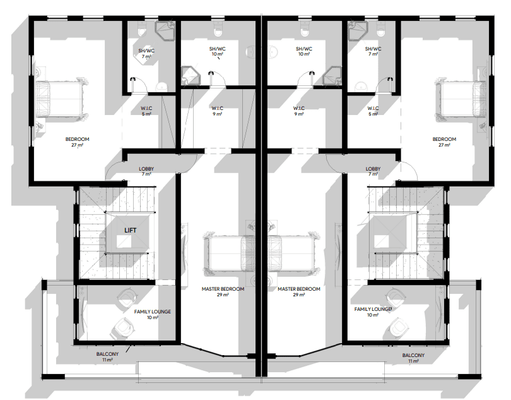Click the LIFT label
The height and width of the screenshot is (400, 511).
[x=131, y=230]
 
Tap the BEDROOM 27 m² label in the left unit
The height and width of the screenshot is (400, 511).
[x=77, y=142]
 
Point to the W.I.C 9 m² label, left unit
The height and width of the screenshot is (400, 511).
[x=218, y=111]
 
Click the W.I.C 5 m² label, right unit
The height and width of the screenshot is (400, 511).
[x=373, y=111]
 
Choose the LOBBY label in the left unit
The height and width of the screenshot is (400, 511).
[x=146, y=169]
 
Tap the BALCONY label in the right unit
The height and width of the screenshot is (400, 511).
[x=413, y=355]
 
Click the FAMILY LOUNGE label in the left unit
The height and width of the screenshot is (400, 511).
[x=153, y=312]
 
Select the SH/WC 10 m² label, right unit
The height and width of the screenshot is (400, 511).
[x=304, y=51]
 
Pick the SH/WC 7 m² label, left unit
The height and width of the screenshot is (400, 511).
[x=146, y=54]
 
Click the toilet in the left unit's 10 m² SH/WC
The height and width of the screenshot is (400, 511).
[x=218, y=30]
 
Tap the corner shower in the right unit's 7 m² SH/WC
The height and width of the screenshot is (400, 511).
[x=358, y=30]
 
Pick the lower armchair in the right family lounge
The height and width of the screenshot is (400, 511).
[x=398, y=327]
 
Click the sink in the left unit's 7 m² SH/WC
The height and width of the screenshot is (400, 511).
[x=161, y=87]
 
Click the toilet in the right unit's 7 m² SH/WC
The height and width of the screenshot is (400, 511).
[x=380, y=30]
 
